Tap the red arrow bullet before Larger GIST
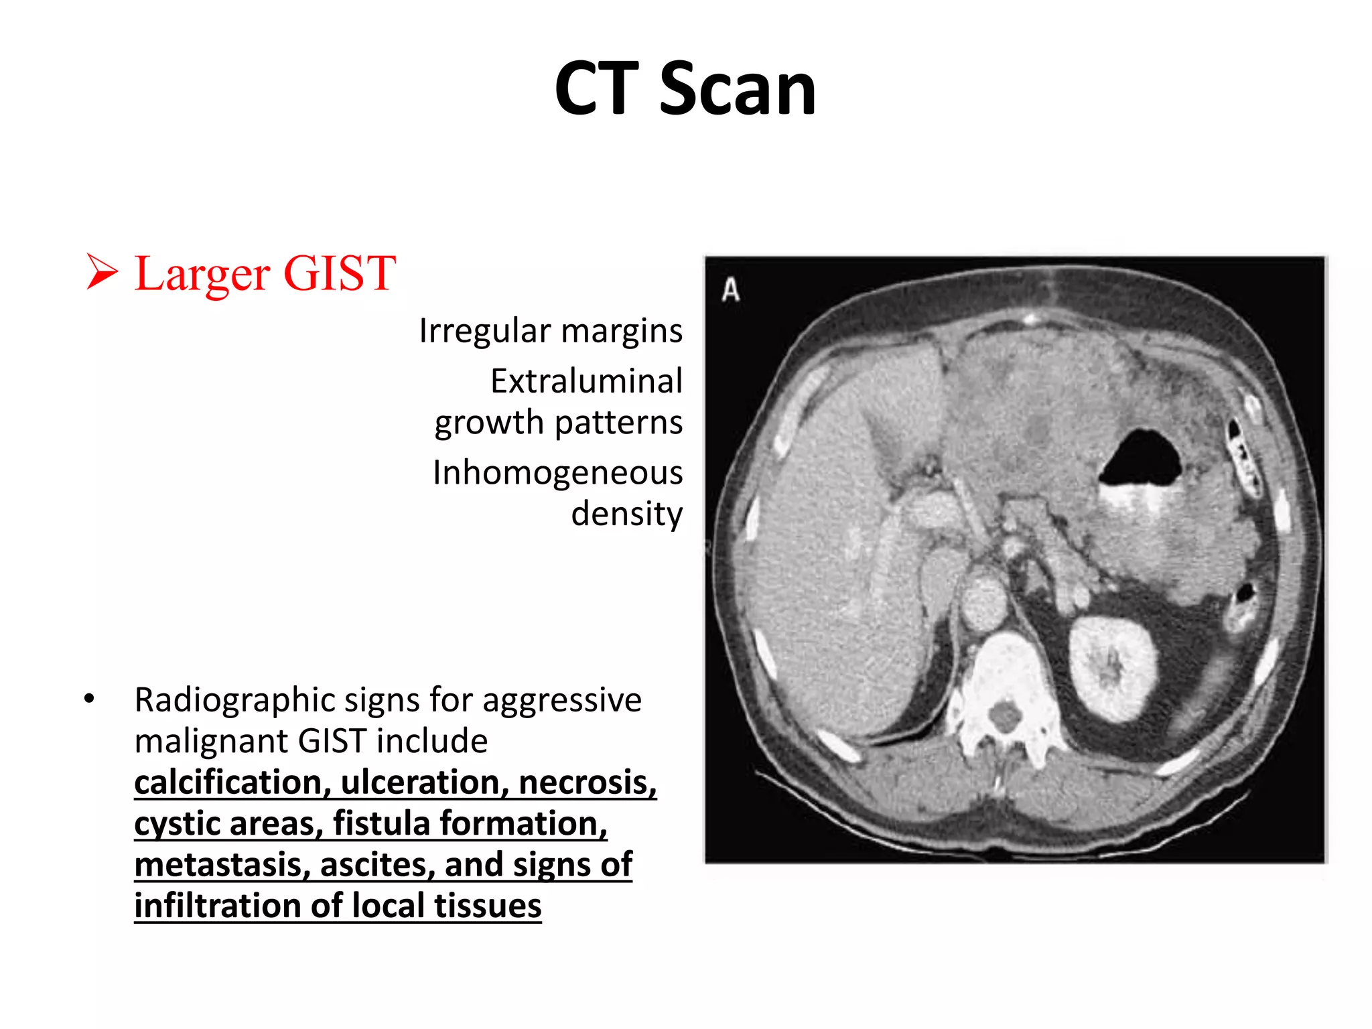click(x=102, y=273)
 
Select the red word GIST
click(x=340, y=273)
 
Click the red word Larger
click(x=202, y=275)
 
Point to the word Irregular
click(x=486, y=330)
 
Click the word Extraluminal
click(x=586, y=381)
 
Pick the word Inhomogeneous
click(x=557, y=472)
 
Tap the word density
click(x=626, y=514)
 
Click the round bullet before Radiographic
click(x=90, y=699)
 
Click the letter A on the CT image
click(x=731, y=291)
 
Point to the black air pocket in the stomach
click(x=1141, y=459)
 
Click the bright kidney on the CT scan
click(x=1113, y=667)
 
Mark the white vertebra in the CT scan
click(x=1004, y=697)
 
